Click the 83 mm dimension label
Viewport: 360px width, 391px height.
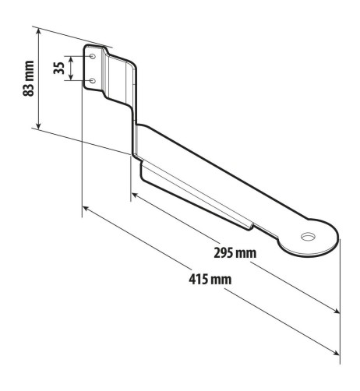click(30, 79)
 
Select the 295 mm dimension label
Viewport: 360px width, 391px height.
click(235, 253)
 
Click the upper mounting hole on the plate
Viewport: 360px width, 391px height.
click(93, 57)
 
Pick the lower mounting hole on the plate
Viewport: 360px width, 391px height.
click(92, 80)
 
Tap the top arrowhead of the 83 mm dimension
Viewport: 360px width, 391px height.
click(38, 30)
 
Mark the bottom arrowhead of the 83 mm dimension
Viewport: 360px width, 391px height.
click(38, 127)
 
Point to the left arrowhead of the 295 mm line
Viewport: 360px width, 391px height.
click(134, 195)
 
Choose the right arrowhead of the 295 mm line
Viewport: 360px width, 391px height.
click(337, 312)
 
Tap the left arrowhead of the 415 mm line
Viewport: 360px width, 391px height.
click(85, 210)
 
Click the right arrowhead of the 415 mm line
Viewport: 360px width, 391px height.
click(337, 355)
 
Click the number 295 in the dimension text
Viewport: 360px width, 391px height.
click(224, 253)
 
